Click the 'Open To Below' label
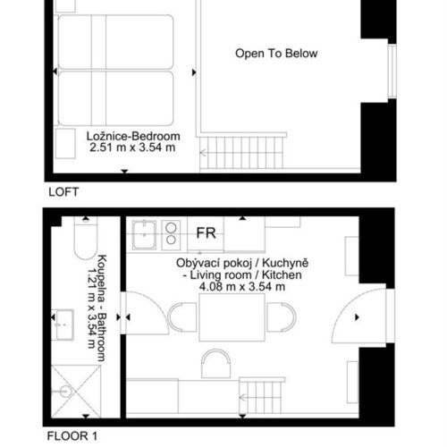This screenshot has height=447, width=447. pyautogui.click(x=276, y=54)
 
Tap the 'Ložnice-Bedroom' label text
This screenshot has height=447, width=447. pyautogui.click(x=133, y=136)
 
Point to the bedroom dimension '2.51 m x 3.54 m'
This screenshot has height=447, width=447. pyautogui.click(x=132, y=148)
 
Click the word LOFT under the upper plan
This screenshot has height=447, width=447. pyautogui.click(x=63, y=191)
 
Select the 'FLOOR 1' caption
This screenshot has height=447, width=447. pyautogui.click(x=72, y=436)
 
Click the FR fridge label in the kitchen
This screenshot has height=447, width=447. pyautogui.click(x=206, y=232)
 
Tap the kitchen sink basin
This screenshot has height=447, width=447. pyautogui.click(x=144, y=235)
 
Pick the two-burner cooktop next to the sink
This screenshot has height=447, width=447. pyautogui.click(x=171, y=235)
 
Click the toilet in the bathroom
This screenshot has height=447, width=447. pyautogui.click(x=86, y=238)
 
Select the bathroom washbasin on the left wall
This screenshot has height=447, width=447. pyautogui.click(x=63, y=325)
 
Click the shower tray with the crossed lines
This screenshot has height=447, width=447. pyautogui.click(x=76, y=391)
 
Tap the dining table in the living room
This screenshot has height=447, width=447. pyautogui.click(x=232, y=317)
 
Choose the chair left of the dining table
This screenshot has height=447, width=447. pyautogui.click(x=182, y=317)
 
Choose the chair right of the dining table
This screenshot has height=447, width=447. pyautogui.click(x=282, y=317)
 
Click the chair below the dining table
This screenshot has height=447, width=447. pyautogui.click(x=216, y=364)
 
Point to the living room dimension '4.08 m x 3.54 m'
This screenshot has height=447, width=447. pyautogui.click(x=242, y=287)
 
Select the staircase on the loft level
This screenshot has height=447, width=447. pyautogui.click(x=242, y=153)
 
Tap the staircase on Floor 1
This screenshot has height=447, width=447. pyautogui.click(x=262, y=396)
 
